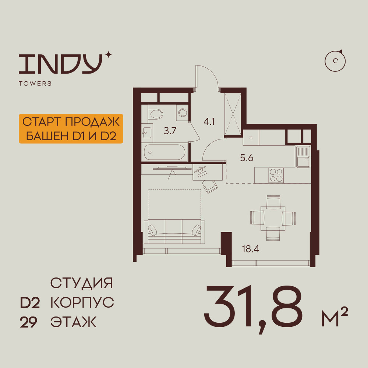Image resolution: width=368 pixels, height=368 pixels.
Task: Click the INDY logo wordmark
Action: pos(61,64)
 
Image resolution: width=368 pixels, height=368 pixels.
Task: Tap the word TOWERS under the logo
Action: pos(35,84)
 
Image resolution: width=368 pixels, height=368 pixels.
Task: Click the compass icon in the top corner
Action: pos(335,61)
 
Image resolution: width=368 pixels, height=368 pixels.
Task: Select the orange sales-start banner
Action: pos(71,128)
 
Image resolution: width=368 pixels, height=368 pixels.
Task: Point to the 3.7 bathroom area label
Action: pos(170,131)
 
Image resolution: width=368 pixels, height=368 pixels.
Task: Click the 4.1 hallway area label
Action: pos(209,122)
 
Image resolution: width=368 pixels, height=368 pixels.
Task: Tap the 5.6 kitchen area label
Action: pos(247,158)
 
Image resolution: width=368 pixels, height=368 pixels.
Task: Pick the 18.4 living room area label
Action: pos(251,249)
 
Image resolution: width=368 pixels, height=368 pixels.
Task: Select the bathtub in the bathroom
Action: pos(164,152)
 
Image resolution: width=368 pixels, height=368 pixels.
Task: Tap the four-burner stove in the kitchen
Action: pos(276,175)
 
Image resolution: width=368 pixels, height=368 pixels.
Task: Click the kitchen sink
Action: pos(303,156)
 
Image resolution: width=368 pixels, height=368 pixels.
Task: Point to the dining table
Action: pos(273,218)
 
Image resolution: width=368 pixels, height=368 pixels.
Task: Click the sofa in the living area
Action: pos(174,232)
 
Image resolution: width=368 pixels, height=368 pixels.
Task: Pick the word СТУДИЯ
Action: pos(81,283)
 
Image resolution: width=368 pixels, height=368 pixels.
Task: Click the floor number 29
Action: pos(29,322)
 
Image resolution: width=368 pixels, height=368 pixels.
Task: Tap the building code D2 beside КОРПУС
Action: pos(30,303)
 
